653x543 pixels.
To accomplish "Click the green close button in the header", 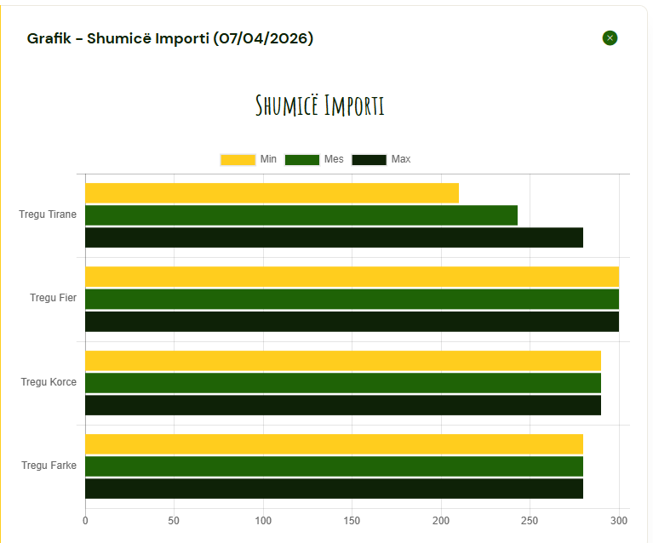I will tap(610, 37).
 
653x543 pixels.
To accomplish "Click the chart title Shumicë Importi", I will tap(320, 106).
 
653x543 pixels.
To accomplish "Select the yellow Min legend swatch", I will tap(238, 159).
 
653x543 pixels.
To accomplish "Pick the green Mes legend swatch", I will tap(301, 159).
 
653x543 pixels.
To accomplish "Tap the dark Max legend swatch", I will tap(369, 159).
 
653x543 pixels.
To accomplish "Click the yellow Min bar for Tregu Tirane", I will tap(272, 193).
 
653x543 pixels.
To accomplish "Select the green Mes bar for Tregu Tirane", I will tap(301, 215).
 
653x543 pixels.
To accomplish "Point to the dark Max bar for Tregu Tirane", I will tap(334, 237).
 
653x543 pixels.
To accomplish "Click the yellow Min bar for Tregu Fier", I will tap(352, 277).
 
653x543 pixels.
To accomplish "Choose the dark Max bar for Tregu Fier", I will tap(352, 321).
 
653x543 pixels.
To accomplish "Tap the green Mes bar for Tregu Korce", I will tap(343, 383).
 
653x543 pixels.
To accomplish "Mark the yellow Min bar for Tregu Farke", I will tap(334, 444).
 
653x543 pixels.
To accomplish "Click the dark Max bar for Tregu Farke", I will tap(334, 489).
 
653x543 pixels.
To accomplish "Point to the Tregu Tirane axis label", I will tap(48, 214).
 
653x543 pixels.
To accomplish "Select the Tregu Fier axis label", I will tap(53, 298).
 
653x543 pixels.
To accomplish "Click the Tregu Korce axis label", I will tap(49, 382).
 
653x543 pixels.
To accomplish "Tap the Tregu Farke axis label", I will tap(49, 466).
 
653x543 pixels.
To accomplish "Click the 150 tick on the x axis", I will tap(352, 520).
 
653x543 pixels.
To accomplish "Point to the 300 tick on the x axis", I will tap(620, 520).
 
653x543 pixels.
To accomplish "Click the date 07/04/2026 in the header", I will tap(264, 38).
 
